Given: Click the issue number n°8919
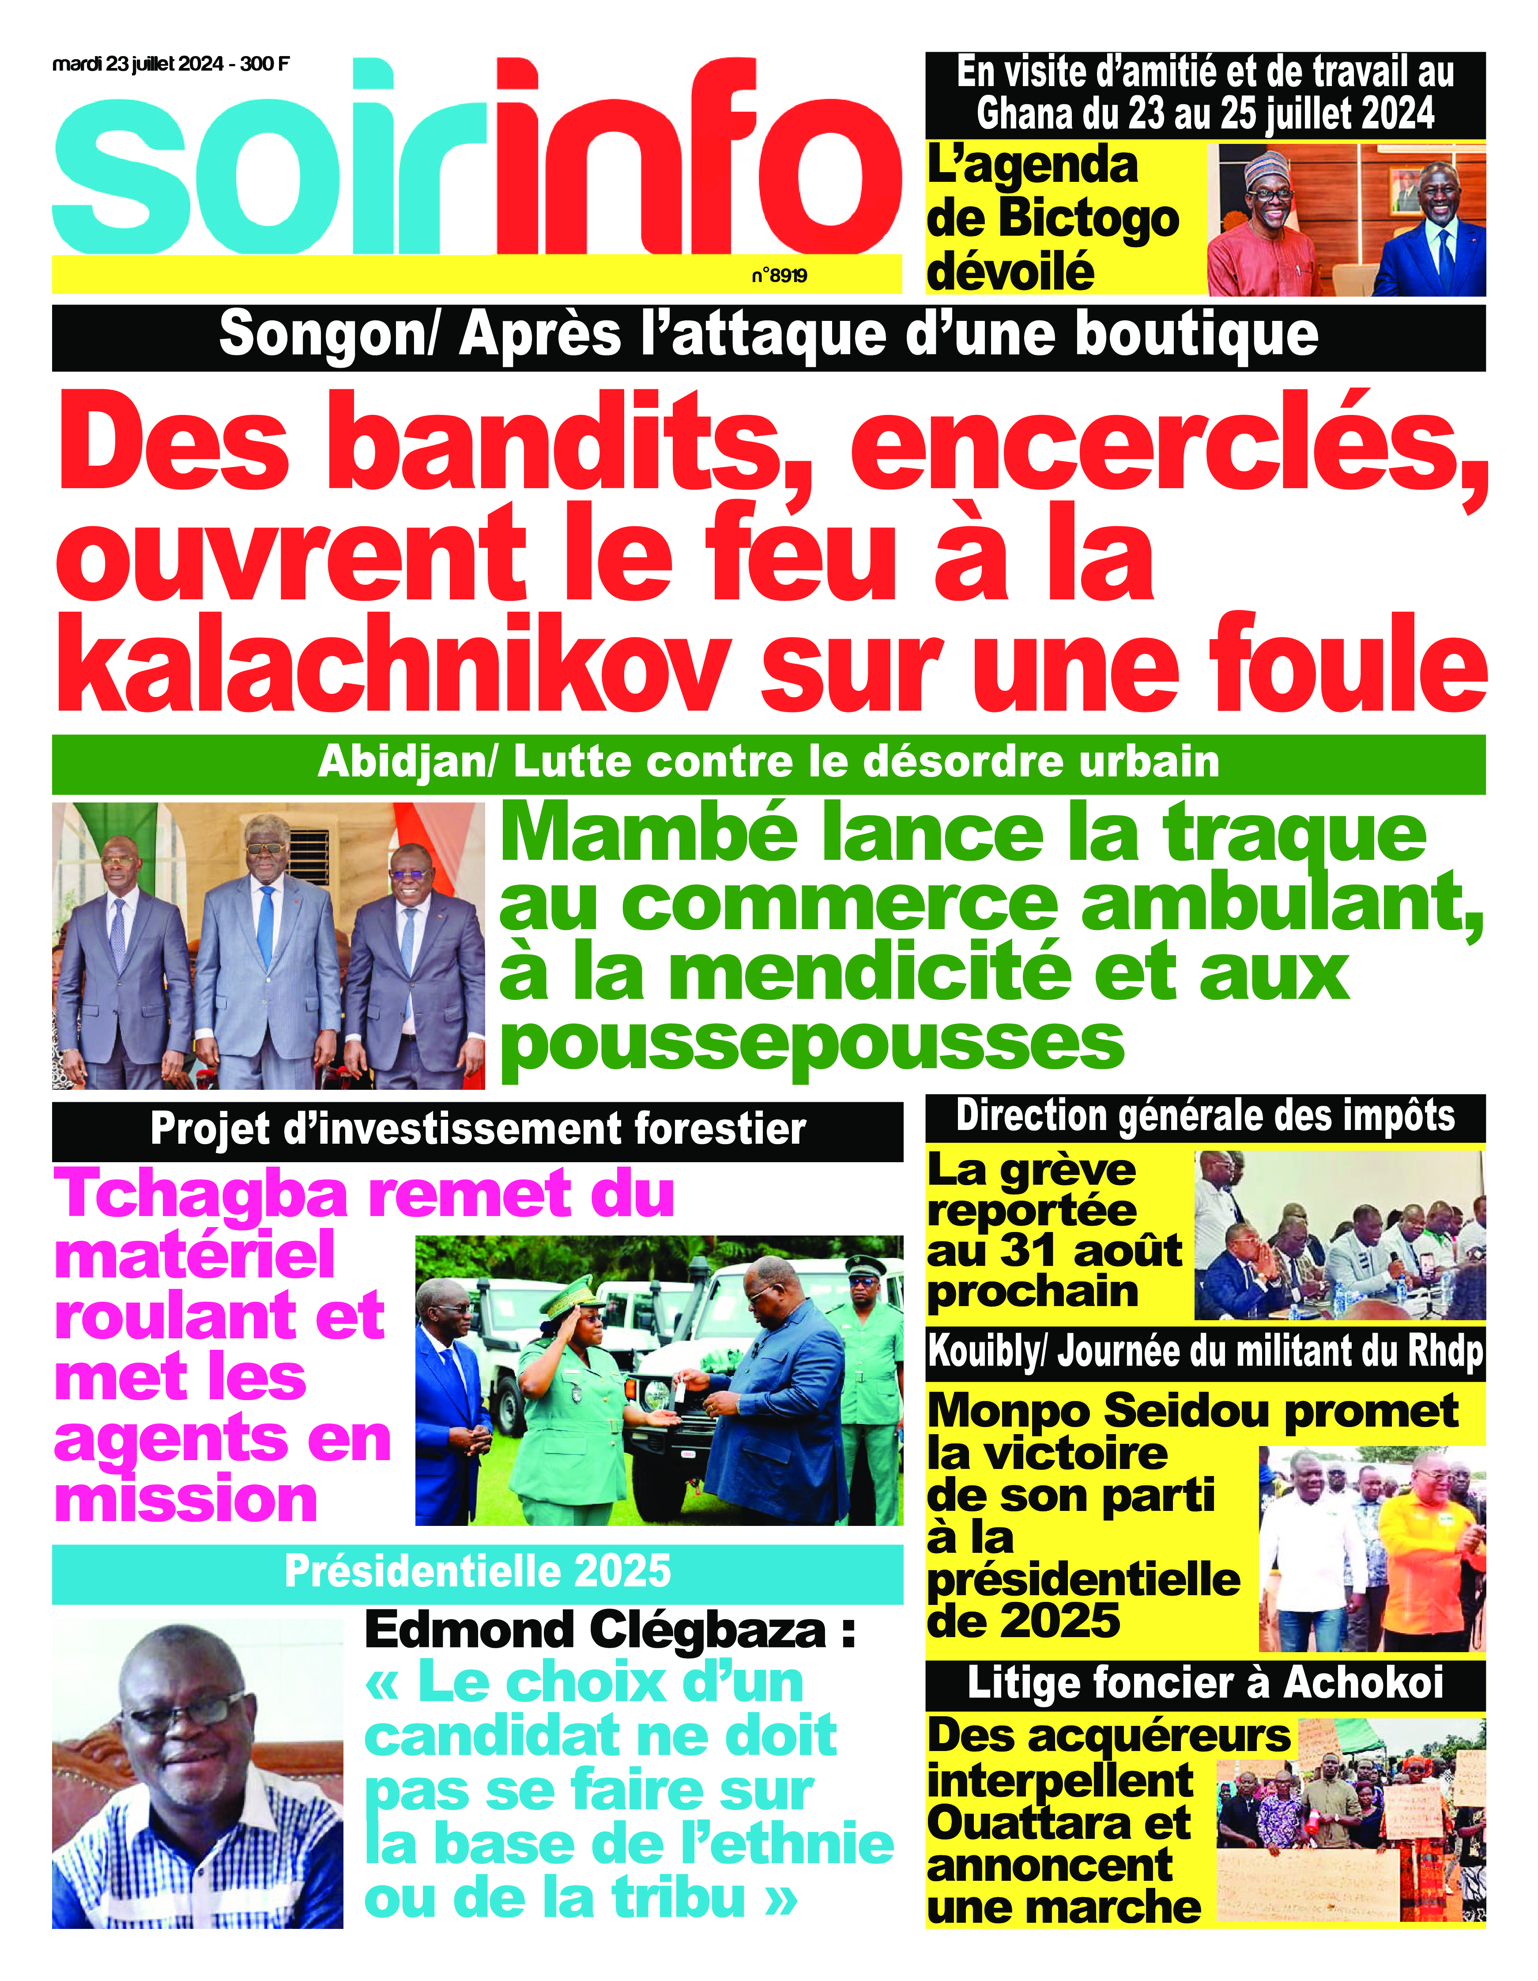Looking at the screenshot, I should [779, 276].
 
